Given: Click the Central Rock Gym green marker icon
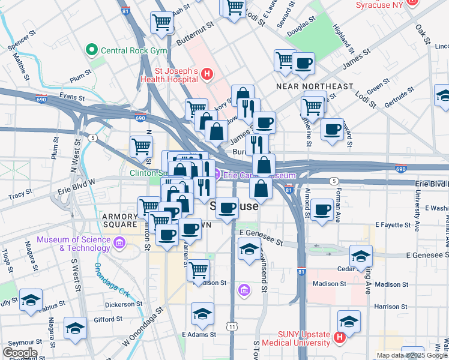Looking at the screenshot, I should pyautogui.click(x=92, y=50).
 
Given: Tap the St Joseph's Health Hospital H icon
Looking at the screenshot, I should pyautogui.click(x=207, y=74).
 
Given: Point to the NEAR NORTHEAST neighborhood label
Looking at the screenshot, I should pyautogui.click(x=315, y=86).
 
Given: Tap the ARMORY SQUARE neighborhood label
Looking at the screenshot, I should pyautogui.click(x=119, y=220).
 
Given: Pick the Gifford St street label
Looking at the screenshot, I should pyautogui.click(x=108, y=320).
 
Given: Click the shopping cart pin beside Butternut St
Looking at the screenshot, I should pyautogui.click(x=162, y=23).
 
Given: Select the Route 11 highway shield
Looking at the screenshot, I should pyautogui.click(x=232, y=326).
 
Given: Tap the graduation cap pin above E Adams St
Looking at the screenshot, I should pyautogui.click(x=203, y=313).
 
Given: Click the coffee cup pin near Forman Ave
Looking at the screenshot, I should pyautogui.click(x=322, y=209).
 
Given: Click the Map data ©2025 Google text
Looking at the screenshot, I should pyautogui.click(x=412, y=355).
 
